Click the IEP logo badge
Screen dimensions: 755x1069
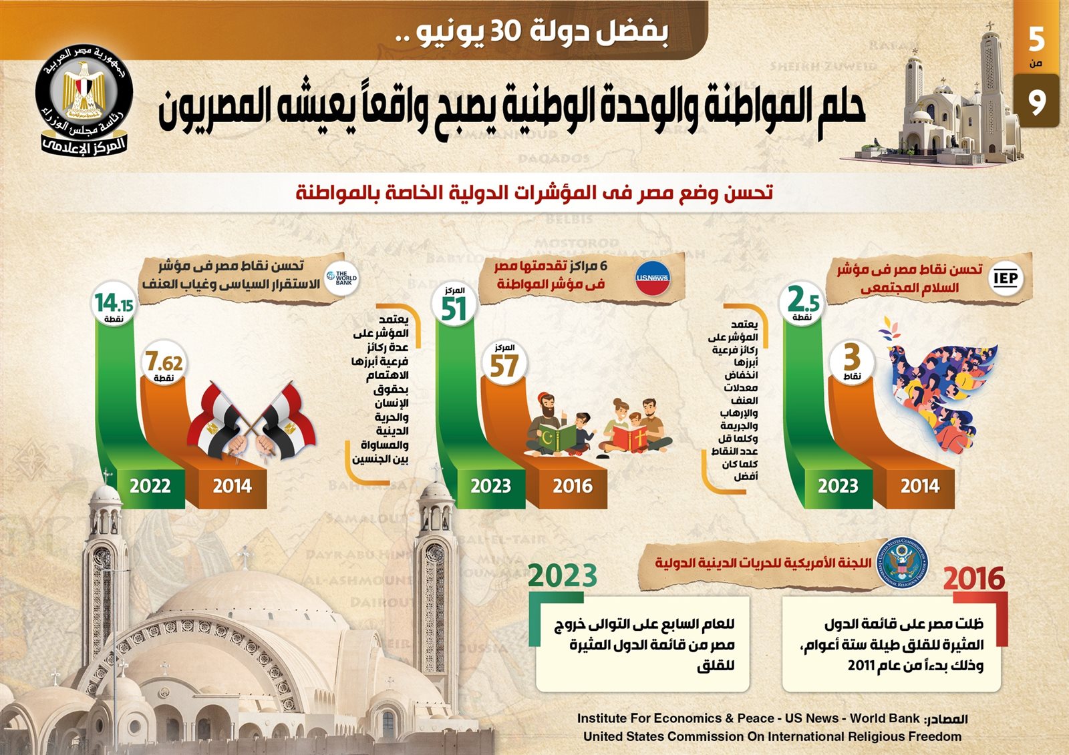tap(1005, 278)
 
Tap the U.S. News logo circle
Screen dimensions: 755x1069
tap(652, 277)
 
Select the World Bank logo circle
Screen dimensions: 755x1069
tap(343, 278)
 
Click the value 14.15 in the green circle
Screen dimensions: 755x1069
tap(114, 303)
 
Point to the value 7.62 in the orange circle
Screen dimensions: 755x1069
tap(164, 362)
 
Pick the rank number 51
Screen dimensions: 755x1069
tap(454, 309)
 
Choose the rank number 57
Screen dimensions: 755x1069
tap(504, 366)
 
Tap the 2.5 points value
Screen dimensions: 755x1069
tap(802, 300)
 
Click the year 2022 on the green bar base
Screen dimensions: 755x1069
tap(150, 486)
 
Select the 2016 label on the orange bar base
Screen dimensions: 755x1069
tap(573, 486)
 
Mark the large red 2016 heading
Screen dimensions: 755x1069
tap(973, 578)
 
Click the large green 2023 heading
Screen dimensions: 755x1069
tap(563, 575)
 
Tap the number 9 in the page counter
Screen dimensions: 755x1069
tap(1036, 102)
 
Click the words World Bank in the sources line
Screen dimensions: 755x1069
tap(885, 718)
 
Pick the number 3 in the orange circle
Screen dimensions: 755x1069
tap(851, 358)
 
